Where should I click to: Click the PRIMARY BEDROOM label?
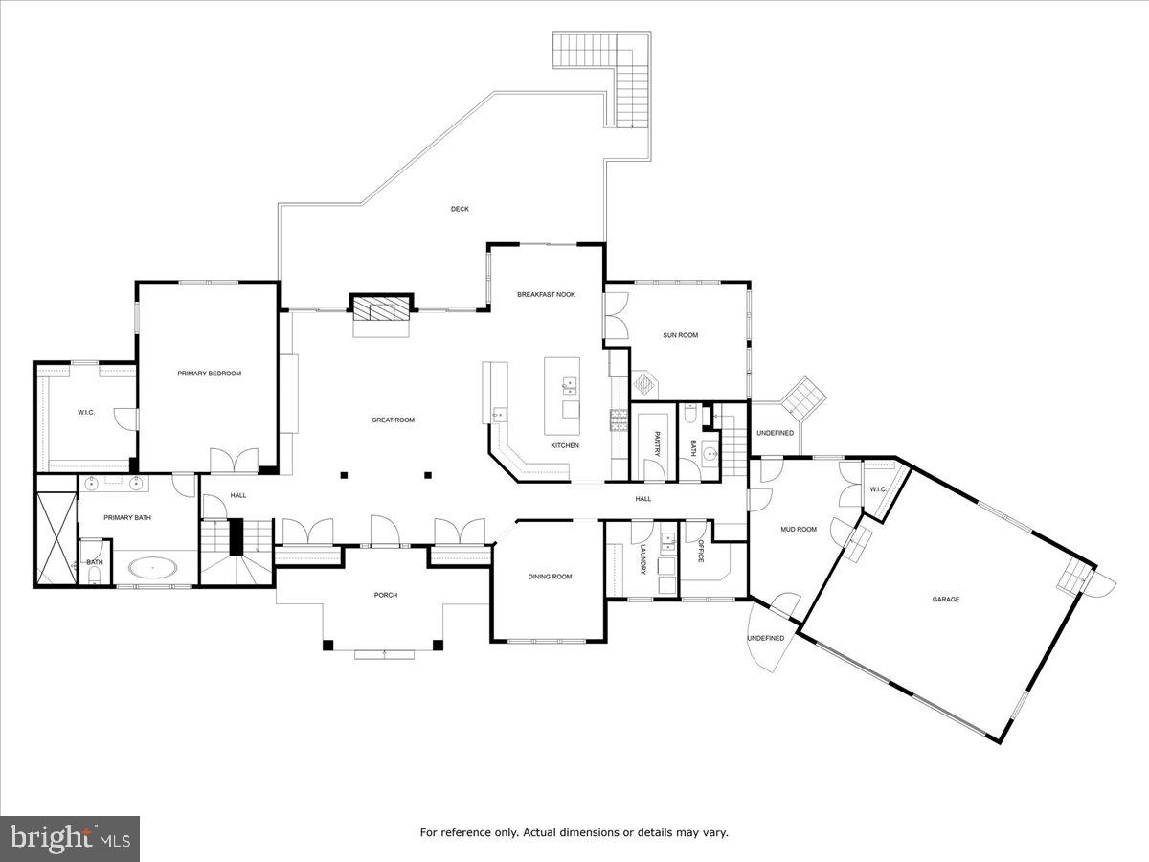click(209, 374)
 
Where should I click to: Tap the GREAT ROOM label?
click(393, 420)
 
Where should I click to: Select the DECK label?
click(460, 209)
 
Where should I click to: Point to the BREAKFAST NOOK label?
click(546, 294)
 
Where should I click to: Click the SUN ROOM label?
click(680, 335)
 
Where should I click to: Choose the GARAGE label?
click(946, 600)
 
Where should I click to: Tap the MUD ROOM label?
click(798, 529)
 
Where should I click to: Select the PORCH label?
click(385, 595)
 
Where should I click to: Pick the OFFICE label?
click(701, 552)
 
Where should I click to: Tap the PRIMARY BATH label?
click(127, 518)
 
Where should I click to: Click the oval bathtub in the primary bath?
click(153, 568)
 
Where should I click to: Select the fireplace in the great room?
click(382, 308)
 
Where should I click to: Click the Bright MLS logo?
click(70, 838)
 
